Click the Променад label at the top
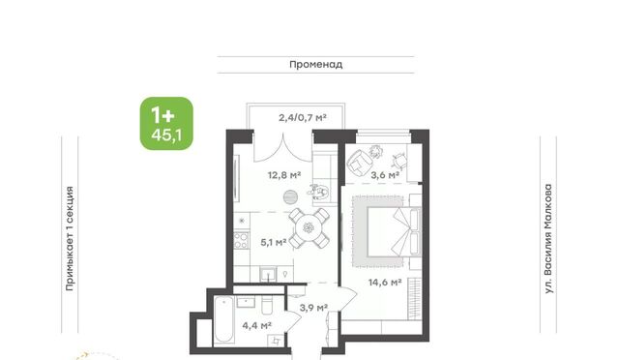pos(316,65)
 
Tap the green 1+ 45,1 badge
pos(166,123)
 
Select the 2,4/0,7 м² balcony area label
pos(303,117)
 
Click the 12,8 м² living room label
pos(284,174)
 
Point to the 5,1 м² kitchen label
pos(274,242)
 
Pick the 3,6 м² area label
pos(385,175)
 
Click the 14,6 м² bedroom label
pos(385,283)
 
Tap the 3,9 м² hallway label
pos(313,308)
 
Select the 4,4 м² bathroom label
pos(256,325)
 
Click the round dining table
pos(309,227)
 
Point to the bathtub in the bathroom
pos(223,320)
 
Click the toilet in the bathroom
pos(267,305)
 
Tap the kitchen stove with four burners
pos(241,240)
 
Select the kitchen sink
pos(268,274)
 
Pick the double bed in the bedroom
pos(393,232)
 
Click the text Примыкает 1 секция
pos(70,239)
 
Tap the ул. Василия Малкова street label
pos(548,239)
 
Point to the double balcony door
pos(283,147)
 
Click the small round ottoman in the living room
pos(290,196)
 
